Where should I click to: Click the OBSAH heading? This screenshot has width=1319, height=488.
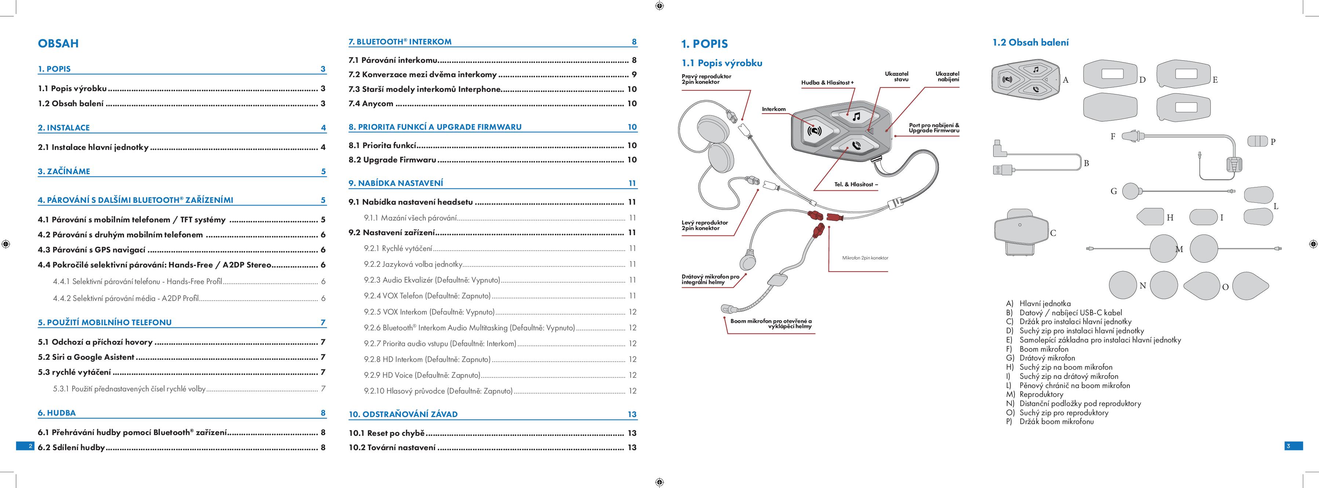click(x=58, y=44)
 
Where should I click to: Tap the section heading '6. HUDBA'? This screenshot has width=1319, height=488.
click(x=57, y=413)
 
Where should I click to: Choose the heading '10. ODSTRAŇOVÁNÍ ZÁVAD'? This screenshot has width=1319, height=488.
click(x=403, y=414)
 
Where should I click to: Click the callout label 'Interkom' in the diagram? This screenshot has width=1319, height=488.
click(x=773, y=109)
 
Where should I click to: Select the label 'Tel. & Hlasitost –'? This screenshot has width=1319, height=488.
click(x=856, y=184)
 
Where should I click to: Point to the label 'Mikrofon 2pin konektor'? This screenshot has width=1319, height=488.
click(x=865, y=258)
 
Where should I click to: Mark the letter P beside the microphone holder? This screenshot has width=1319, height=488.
click(x=1273, y=142)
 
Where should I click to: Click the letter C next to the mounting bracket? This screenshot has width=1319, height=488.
click(x=1053, y=233)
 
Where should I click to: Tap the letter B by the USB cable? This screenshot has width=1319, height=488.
click(x=1086, y=164)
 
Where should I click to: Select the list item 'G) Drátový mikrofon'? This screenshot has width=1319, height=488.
click(x=1041, y=358)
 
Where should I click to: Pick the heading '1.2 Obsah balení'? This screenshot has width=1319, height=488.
click(x=1030, y=43)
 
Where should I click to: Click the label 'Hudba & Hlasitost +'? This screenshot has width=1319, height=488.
click(x=827, y=83)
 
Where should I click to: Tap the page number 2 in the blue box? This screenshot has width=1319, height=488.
click(x=30, y=446)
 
